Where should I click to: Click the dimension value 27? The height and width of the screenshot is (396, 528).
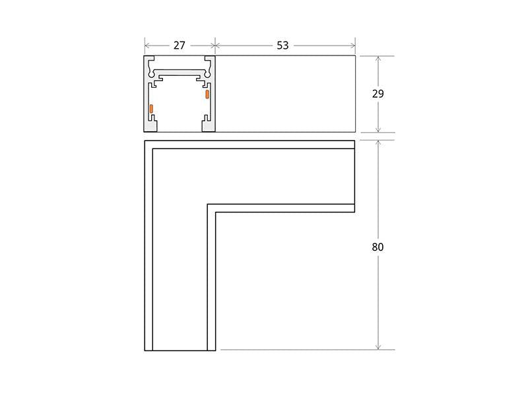point(179,46)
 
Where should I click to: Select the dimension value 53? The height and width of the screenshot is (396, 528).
point(282,46)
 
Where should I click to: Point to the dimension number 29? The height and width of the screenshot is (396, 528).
point(378,94)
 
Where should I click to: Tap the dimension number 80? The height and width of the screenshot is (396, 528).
point(378,247)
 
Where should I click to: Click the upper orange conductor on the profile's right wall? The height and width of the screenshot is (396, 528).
point(207,94)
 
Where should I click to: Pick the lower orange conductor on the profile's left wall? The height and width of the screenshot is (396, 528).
point(152,108)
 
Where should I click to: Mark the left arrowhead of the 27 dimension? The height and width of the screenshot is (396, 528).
point(147,46)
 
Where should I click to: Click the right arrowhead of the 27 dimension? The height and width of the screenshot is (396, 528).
point(213,46)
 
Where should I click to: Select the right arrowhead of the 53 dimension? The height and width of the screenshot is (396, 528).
point(353,46)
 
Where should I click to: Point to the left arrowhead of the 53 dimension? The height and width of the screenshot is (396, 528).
point(218,46)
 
